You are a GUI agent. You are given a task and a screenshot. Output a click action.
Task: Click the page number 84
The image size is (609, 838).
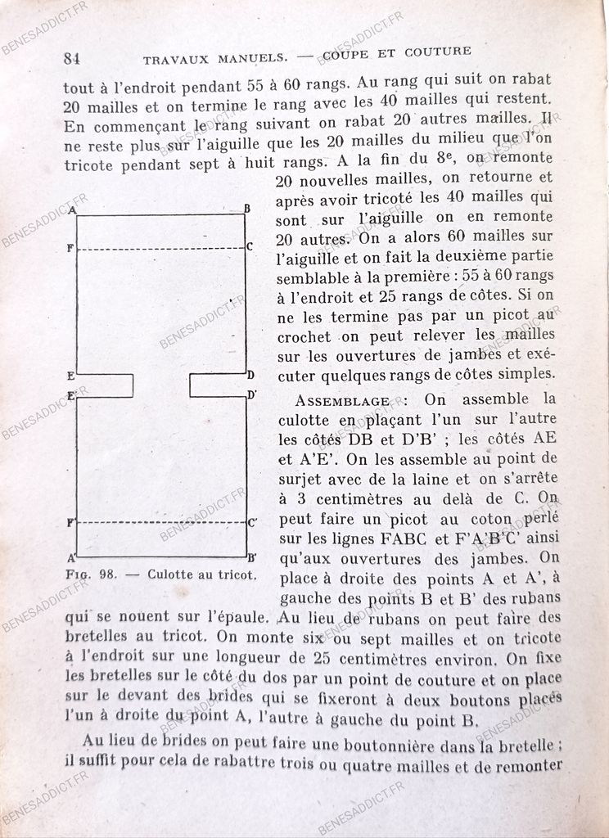pos(71,58)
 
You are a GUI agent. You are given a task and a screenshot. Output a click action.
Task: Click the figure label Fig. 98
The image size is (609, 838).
pos(91,574)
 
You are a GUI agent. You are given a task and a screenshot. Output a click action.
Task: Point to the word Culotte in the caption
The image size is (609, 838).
pos(170,574)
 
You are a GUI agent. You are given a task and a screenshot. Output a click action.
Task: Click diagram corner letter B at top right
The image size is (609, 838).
pos(247,209)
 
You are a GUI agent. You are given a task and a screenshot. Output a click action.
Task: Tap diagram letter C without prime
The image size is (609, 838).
pos(249,246)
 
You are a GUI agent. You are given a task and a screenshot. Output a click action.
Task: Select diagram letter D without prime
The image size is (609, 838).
pos(250,376)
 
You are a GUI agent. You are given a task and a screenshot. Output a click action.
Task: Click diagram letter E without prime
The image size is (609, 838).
pos(71,377)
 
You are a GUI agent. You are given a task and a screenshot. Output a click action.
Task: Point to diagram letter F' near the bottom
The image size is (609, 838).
pos(71,521)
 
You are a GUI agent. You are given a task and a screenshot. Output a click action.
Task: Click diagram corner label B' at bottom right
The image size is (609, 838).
pos(251,558)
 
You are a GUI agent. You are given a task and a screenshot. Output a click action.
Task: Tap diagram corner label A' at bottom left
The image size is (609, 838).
pos(71,558)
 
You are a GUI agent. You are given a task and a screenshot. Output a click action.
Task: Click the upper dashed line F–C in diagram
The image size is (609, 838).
pos(160,248)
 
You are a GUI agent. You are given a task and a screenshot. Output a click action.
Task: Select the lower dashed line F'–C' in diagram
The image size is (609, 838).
pos(160,521)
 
